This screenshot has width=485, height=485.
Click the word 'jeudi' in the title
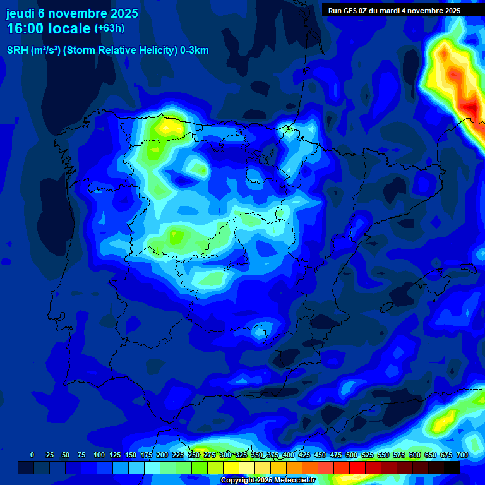click(21, 13)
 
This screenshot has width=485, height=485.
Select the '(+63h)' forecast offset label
click(109, 28)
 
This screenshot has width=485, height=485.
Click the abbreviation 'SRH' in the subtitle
click(18, 51)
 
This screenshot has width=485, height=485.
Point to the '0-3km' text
click(195, 51)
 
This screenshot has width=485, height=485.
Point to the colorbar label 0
click(32, 455)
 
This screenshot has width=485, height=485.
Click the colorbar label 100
click(99, 455)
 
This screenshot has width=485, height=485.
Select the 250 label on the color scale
click(194, 455)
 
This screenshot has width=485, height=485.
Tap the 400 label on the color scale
click(289, 455)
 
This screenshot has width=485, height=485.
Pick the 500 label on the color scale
click(352, 455)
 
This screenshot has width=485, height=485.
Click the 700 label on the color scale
click(462, 455)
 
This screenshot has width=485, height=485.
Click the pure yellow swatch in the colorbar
click(231, 467)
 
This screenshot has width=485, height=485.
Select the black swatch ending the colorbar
click(452, 467)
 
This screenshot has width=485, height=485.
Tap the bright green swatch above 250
click(200, 467)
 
